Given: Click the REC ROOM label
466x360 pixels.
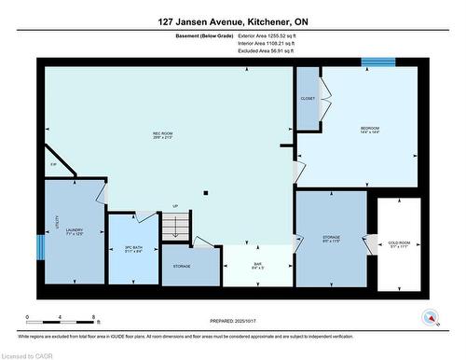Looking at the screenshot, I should click(x=164, y=134).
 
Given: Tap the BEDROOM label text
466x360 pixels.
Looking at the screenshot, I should click(x=370, y=128).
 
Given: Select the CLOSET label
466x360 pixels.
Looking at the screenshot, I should click(x=308, y=98).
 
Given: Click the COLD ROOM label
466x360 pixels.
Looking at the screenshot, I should click(x=400, y=244).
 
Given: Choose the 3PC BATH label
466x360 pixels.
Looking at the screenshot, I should click(x=132, y=249).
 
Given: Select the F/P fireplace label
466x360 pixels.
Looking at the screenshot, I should click(x=53, y=165).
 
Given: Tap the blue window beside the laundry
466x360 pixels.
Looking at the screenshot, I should click(x=40, y=248).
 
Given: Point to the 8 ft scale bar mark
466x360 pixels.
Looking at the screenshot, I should click(x=97, y=318).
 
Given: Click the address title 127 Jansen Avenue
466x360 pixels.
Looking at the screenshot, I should click(x=231, y=20).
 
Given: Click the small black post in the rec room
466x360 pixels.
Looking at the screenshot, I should click(x=206, y=194).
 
